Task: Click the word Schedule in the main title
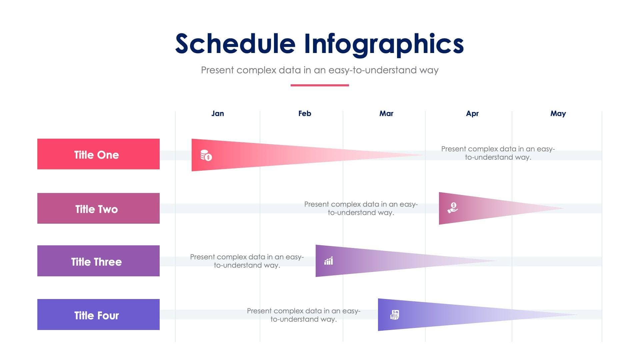tap(235, 44)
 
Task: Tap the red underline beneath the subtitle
tap(319, 85)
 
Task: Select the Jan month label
tap(217, 114)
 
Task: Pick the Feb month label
tap(304, 114)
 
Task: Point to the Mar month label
tap(386, 114)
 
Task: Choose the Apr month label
tap(472, 114)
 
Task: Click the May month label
tap(558, 114)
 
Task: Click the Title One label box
tap(98, 154)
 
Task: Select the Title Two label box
tap(98, 208)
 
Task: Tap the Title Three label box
tap(98, 261)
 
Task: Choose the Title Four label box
tap(98, 315)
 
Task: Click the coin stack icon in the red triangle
tap(206, 155)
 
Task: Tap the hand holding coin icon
tap(453, 208)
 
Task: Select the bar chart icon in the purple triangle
tap(329, 261)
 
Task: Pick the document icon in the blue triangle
tap(395, 315)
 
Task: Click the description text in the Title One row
tap(498, 153)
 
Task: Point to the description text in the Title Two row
tap(361, 208)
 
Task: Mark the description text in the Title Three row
tap(247, 261)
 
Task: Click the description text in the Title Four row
tap(303, 315)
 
